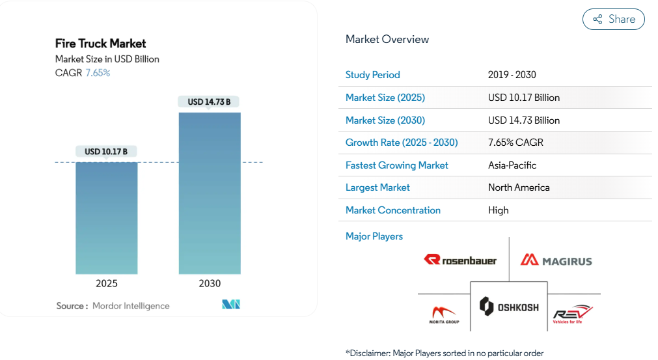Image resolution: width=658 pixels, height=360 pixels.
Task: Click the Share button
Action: point(613,20)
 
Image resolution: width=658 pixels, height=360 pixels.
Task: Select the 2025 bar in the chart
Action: point(107,217)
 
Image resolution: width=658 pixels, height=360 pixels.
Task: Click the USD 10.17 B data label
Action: point(106,152)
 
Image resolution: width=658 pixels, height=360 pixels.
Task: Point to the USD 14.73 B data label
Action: point(209,102)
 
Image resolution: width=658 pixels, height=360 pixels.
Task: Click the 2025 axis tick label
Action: point(107,284)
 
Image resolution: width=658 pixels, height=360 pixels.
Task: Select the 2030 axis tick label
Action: point(210,284)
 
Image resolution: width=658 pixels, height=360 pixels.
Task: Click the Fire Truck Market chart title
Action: point(101,44)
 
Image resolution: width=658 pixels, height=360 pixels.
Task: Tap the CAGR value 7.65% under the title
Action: point(98,73)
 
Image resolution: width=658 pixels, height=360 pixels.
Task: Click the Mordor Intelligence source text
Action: point(131,306)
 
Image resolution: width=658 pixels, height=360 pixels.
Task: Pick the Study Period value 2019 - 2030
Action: point(512,75)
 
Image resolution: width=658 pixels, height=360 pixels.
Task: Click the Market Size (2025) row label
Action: point(385,98)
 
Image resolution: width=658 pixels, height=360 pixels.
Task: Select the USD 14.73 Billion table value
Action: point(524,120)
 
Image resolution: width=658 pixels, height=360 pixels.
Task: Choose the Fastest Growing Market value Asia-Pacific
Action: point(512,165)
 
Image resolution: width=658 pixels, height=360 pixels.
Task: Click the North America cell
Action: point(519,187)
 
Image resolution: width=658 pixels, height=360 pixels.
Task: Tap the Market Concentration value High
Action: point(499,210)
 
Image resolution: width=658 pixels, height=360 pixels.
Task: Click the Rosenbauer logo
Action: point(460,260)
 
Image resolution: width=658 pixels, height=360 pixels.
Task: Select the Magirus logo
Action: point(556,260)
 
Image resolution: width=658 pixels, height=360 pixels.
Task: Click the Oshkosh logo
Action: point(509,306)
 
